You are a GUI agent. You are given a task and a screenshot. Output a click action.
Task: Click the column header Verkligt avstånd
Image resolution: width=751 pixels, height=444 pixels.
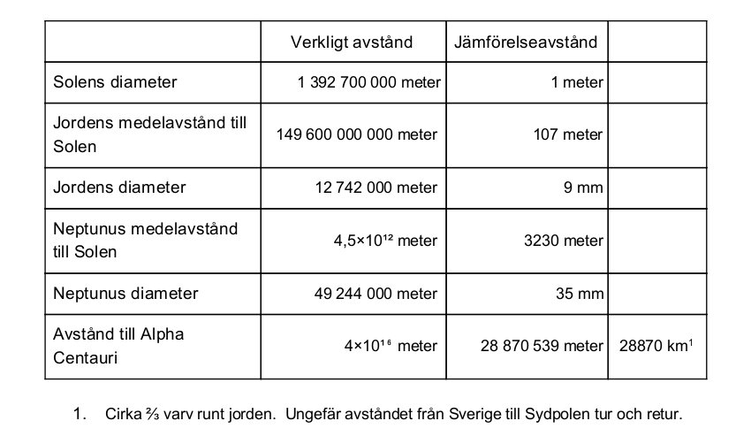(352, 42)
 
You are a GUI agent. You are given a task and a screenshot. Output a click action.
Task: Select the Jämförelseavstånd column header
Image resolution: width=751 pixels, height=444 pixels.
(525, 42)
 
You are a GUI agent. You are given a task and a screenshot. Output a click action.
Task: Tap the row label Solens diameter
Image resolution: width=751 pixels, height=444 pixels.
(116, 82)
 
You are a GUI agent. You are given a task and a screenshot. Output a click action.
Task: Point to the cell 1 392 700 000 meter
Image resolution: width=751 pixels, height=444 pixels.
(369, 82)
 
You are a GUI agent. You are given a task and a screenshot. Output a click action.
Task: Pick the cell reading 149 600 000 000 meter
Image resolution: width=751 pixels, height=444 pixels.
(358, 134)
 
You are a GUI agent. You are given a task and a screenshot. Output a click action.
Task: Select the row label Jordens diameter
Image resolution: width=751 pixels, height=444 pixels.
(120, 188)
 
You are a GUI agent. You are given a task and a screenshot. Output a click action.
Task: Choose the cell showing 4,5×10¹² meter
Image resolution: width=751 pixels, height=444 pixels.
(388, 241)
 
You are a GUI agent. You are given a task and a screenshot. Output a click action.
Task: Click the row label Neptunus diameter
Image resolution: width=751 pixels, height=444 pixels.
(126, 293)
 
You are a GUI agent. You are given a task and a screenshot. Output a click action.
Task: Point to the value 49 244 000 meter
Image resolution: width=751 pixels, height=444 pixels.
(376, 293)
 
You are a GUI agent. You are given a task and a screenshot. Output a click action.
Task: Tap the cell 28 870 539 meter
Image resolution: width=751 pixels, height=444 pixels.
(541, 345)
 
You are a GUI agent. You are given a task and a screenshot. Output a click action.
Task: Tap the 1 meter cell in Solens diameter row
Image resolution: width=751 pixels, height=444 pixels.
(584, 82)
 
